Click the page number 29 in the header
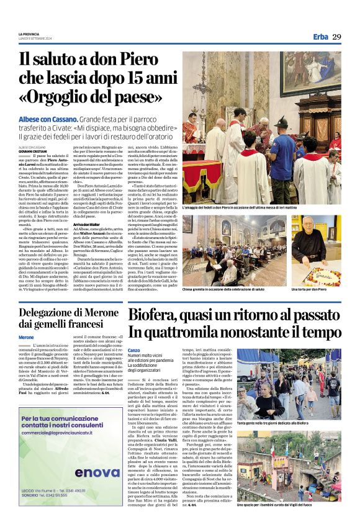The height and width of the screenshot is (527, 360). [336, 37]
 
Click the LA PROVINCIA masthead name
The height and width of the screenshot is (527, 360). [29, 34]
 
